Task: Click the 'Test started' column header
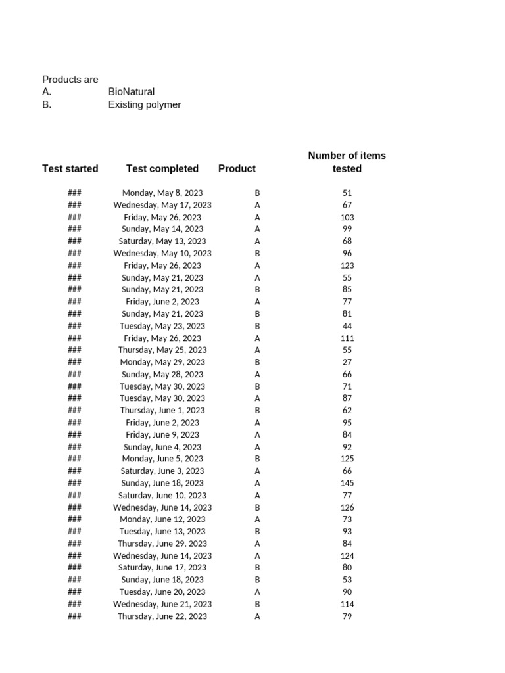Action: (70, 168)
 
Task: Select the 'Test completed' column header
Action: (162, 168)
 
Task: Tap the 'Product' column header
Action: (237, 168)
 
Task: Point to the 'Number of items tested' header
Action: (347, 162)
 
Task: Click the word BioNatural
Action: (132, 92)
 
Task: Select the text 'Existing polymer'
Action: (145, 104)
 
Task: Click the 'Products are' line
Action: (70, 80)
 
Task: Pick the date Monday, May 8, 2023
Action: (162, 193)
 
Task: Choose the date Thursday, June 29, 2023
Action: (162, 544)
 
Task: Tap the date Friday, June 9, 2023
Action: (162, 434)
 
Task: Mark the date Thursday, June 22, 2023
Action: (162, 616)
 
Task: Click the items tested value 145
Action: (347, 483)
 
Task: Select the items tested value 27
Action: (347, 362)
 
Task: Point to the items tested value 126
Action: (347, 507)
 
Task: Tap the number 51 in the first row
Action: (347, 193)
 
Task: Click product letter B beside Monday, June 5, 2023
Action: (257, 459)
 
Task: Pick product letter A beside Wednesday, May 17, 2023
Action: (257, 205)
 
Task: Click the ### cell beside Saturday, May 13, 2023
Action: (74, 241)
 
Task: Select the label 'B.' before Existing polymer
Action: (47, 104)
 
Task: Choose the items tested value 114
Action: (347, 604)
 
